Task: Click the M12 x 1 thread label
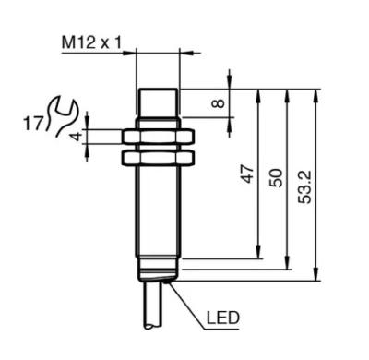coord(91,42)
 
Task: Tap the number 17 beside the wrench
coord(32,124)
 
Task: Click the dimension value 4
coord(77,136)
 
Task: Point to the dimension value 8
coord(219,102)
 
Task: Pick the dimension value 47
coord(248,174)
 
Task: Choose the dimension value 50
coord(276,178)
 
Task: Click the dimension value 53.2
coord(304,186)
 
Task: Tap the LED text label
coord(222,318)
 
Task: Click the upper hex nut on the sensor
coord(158,137)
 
